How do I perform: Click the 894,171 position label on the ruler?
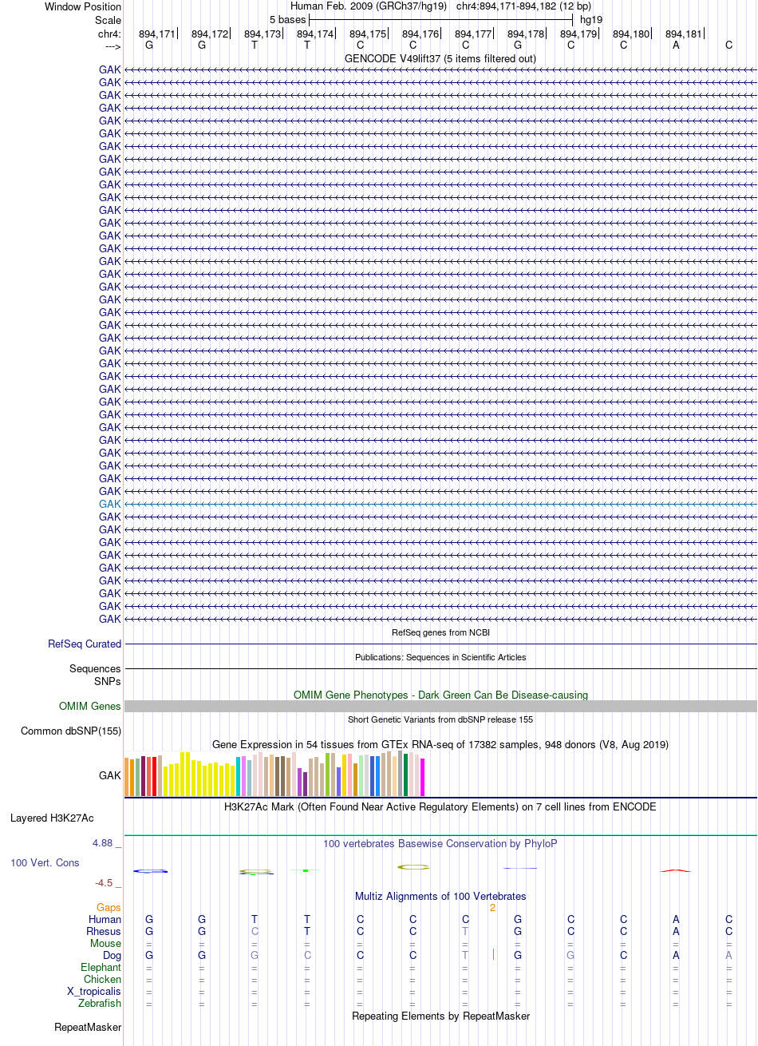tap(157, 34)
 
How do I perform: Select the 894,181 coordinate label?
tap(683, 34)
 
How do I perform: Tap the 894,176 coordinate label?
tap(420, 34)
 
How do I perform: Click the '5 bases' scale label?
tap(287, 20)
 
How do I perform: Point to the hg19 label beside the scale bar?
tap(591, 20)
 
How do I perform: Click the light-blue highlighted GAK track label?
tap(109, 504)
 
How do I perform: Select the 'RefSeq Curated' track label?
tap(85, 644)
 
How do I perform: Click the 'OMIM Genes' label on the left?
tap(89, 706)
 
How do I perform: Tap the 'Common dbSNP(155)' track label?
tap(71, 731)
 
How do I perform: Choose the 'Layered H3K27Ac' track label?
tap(52, 818)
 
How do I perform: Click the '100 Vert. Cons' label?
tap(45, 862)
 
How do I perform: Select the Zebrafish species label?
tap(100, 1003)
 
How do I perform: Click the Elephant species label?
tap(101, 967)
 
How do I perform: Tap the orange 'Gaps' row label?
tap(109, 907)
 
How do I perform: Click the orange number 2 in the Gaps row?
tap(492, 907)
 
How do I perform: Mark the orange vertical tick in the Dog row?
tap(493, 954)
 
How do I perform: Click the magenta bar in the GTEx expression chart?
tap(422, 777)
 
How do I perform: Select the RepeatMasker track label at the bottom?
tap(88, 1027)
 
